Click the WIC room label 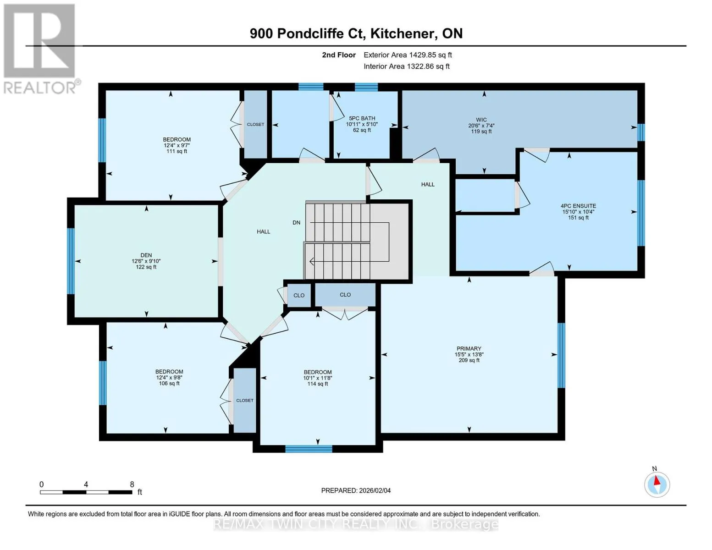[x=481, y=120]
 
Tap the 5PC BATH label [x=362, y=118]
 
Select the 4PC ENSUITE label [x=578, y=206]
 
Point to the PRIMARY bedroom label [x=469, y=348]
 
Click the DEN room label [x=146, y=255]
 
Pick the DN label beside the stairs [x=296, y=222]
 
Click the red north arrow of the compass [x=657, y=480]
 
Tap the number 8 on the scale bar [x=132, y=484]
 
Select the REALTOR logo [x=41, y=49]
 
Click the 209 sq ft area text [x=469, y=360]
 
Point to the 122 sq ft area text [x=146, y=267]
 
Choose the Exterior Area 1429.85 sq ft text [x=408, y=55]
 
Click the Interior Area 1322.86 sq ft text [x=407, y=66]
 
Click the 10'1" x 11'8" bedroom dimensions [x=318, y=378]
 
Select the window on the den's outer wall [x=71, y=261]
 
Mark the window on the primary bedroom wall [x=561, y=355]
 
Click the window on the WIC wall [x=641, y=132]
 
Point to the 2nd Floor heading [x=339, y=55]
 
